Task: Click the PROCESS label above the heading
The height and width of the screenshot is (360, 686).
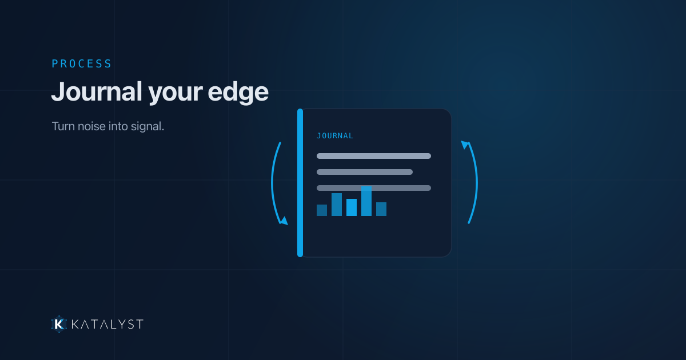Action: click(x=81, y=63)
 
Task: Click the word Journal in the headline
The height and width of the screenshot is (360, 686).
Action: click(x=97, y=92)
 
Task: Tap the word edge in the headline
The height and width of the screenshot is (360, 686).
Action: click(x=238, y=92)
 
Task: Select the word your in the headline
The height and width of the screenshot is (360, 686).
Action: click(x=175, y=93)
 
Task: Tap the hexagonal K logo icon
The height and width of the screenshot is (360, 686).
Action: click(x=59, y=324)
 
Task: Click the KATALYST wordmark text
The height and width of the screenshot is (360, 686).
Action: click(x=107, y=324)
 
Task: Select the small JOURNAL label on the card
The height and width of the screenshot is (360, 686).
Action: click(x=335, y=135)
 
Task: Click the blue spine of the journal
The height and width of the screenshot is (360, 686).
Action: click(x=300, y=183)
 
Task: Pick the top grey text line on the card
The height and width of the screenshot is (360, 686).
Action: click(x=374, y=156)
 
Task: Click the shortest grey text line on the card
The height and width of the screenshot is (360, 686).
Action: click(x=365, y=172)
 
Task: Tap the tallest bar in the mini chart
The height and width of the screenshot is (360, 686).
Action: click(x=366, y=201)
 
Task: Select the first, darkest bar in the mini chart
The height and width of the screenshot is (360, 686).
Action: click(x=321, y=210)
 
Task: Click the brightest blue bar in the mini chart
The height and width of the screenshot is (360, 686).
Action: click(x=351, y=207)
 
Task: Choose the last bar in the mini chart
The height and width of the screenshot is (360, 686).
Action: click(x=381, y=209)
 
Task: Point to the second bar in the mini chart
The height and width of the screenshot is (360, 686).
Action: click(x=337, y=205)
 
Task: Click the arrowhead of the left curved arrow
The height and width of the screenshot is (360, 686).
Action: click(x=284, y=221)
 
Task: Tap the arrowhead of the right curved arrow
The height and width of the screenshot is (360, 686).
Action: click(x=465, y=145)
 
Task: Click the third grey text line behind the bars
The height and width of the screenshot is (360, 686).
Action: click(x=374, y=188)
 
